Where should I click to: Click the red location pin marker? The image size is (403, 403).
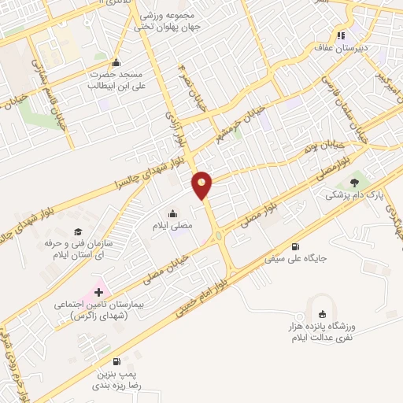[203, 184]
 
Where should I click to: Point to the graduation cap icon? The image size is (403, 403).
[78, 231]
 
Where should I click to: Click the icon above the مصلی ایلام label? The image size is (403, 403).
[172, 213]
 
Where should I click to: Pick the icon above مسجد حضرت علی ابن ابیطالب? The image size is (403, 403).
[116, 63]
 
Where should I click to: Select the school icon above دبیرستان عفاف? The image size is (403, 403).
[341, 35]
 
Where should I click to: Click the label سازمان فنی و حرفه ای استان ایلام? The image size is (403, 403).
[79, 250]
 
